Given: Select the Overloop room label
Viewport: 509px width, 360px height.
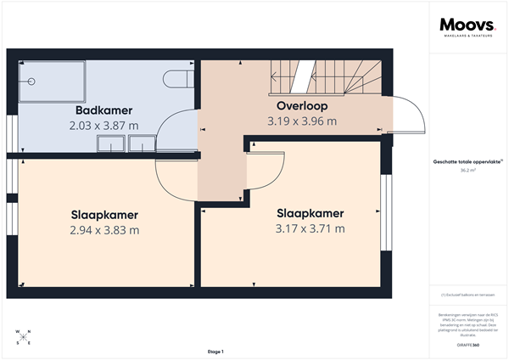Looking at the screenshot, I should pos(302,106).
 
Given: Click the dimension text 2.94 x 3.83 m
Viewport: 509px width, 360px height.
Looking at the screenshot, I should pos(104,229).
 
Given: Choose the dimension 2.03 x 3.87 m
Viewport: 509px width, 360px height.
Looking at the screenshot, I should pos(104,126).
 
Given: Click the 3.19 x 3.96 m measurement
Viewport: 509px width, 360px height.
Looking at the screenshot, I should pos(302,121).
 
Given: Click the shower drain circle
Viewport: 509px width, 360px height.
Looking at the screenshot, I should pos(31,82).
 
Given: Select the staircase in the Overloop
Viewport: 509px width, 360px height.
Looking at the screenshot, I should pos(327,79).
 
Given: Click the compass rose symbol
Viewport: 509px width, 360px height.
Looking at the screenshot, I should pos(23,336).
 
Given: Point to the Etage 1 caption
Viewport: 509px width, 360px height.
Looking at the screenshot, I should pos(215,351).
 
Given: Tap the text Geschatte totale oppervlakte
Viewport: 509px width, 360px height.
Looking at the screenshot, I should pos(467,160).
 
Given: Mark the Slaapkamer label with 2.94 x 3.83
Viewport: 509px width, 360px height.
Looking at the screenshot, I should pos(104,214).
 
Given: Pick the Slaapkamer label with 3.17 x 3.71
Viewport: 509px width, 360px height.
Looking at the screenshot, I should pos(310,212).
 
